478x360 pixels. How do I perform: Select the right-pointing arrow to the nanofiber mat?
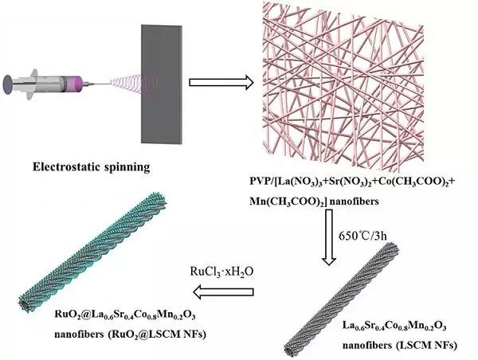tap(221, 81)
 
